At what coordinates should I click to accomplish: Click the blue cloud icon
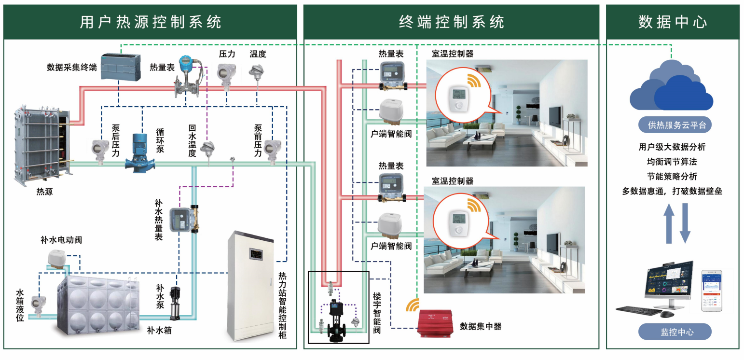(671, 87)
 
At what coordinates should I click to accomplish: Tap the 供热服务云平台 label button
(672, 125)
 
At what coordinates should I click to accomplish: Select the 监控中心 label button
(675, 332)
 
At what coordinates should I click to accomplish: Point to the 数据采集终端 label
(71, 68)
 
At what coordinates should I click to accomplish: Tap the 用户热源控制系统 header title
(150, 22)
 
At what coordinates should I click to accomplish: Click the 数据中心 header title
(672, 22)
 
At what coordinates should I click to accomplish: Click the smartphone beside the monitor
(712, 292)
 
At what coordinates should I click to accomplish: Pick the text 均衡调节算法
(672, 161)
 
